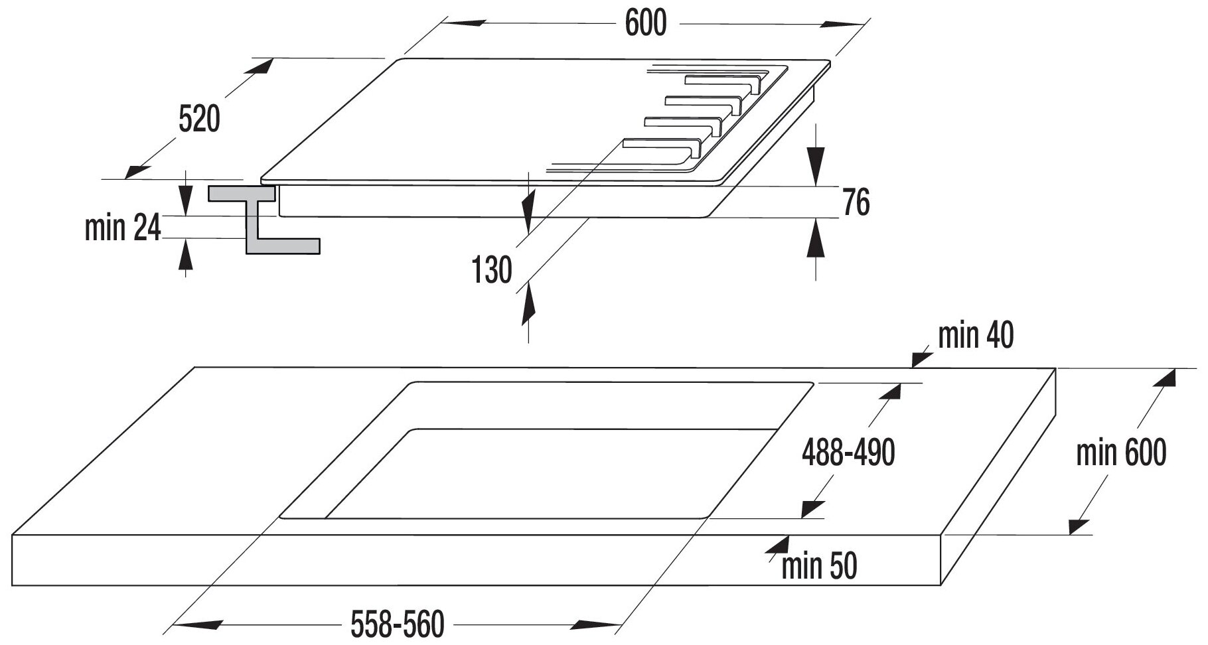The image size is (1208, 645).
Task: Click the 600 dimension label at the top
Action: click(645, 24)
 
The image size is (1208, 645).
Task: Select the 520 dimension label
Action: click(199, 120)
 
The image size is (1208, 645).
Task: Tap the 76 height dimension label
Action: click(856, 202)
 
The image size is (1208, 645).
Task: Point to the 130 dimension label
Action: click(492, 270)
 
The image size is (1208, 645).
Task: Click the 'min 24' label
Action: click(123, 228)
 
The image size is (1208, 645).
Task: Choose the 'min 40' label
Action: click(975, 336)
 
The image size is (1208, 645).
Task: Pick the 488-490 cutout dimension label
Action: click(848, 453)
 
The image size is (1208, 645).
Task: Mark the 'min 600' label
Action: click(1120, 454)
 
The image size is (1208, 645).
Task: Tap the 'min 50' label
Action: click(819, 566)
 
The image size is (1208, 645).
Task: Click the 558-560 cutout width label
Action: click(397, 625)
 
